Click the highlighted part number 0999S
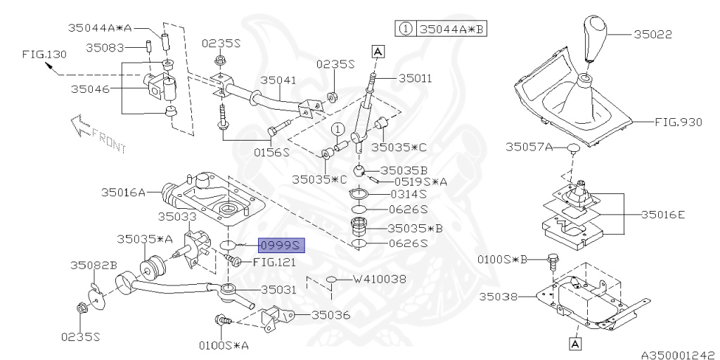[x=281, y=245]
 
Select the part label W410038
[x=380, y=279]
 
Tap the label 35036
[x=330, y=316]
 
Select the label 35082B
[x=94, y=265]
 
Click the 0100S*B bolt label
[x=502, y=259]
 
